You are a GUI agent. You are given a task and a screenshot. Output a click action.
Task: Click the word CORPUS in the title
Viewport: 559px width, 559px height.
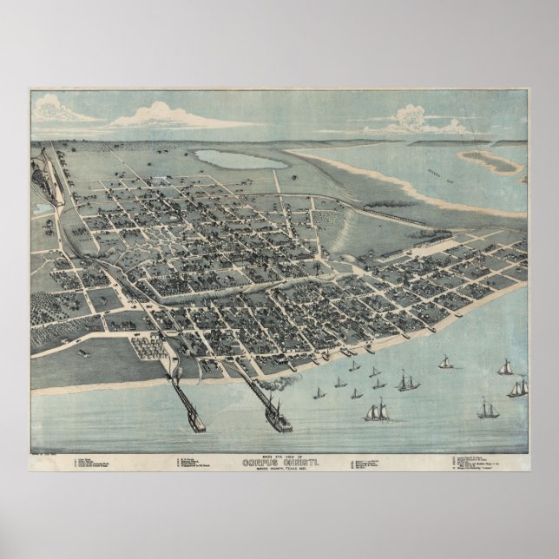coord(257,462)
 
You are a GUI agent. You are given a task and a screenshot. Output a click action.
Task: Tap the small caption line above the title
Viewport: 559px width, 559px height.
coord(279,455)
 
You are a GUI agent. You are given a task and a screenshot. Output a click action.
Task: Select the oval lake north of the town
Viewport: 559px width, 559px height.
coord(240,160)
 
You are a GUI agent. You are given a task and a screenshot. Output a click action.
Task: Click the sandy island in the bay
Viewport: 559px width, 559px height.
coord(497,161)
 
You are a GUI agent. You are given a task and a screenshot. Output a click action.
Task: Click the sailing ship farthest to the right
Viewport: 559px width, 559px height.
coord(518,387)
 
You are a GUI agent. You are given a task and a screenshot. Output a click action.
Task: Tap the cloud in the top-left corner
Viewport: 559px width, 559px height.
coord(61,110)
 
